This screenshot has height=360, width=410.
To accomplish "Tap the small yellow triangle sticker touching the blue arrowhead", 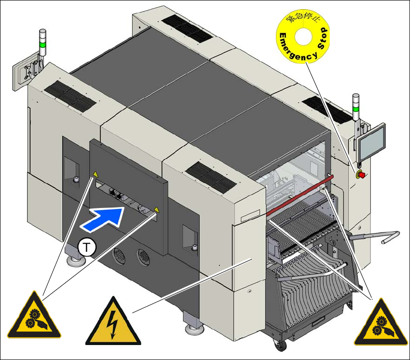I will click(x=156, y=210).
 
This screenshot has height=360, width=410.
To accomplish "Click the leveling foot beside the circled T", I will click(x=75, y=260).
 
